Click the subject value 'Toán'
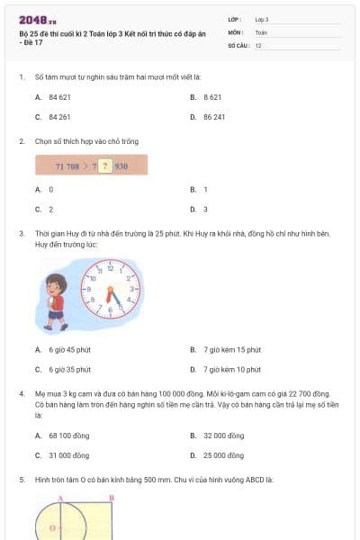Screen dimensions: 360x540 point(261,31)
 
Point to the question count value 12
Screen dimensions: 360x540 point(258,44)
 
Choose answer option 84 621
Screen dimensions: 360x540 point(60,95)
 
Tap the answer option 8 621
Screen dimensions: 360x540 point(212,95)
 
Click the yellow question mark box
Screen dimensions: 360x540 point(104,166)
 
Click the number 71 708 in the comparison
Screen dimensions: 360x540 point(69,166)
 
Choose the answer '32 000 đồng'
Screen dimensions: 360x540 point(223,436)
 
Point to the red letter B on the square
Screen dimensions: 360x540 point(111,498)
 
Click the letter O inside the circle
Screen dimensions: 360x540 point(53,527)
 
